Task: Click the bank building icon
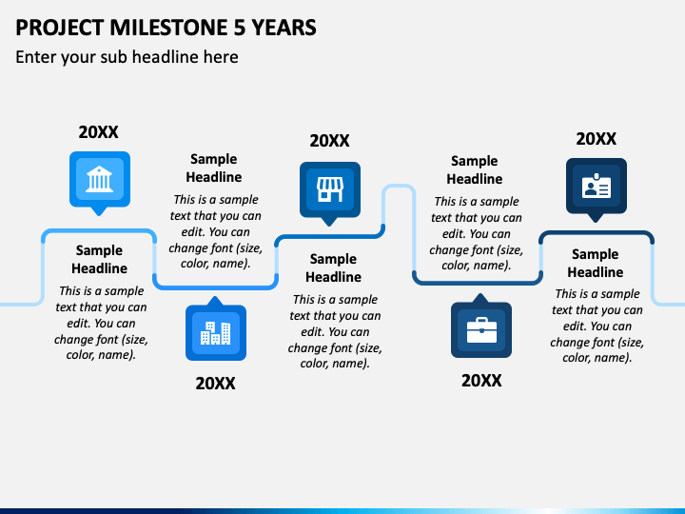click(99, 179)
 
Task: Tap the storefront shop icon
click(330, 189)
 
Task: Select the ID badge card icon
click(597, 187)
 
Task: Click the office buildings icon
click(215, 333)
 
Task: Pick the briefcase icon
click(481, 330)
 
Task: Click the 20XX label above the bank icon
click(98, 132)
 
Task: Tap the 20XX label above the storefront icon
click(329, 141)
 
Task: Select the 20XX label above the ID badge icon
click(596, 139)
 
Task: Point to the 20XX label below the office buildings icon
click(215, 384)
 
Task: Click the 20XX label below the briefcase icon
click(481, 381)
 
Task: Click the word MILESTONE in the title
click(168, 28)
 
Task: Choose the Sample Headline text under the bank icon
click(99, 259)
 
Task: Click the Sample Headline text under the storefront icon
click(333, 267)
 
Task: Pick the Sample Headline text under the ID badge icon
click(596, 263)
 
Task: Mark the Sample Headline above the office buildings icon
click(214, 168)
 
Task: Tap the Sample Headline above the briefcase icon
click(475, 169)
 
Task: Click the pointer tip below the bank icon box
click(99, 215)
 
